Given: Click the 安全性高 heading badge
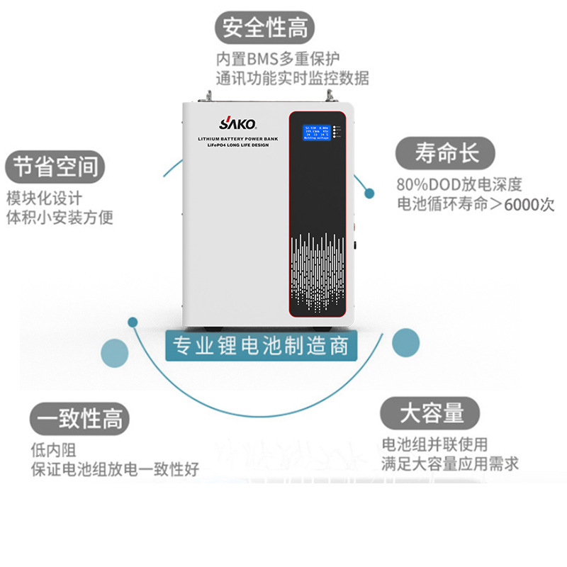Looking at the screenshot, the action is (265, 29).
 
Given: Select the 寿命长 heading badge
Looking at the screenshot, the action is (447, 153).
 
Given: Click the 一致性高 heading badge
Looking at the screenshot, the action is (80, 419).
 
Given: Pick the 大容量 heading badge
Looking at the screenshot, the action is (431, 413).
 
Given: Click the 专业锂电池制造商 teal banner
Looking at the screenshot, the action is (262, 347).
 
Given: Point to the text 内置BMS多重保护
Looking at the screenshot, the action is (279, 59).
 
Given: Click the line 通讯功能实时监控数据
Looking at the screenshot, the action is (292, 78).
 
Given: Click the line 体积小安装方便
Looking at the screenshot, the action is (60, 217).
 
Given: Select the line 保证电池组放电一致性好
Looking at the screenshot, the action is (115, 468).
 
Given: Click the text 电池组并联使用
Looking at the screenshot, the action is (434, 444).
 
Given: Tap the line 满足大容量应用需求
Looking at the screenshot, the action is (449, 464).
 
